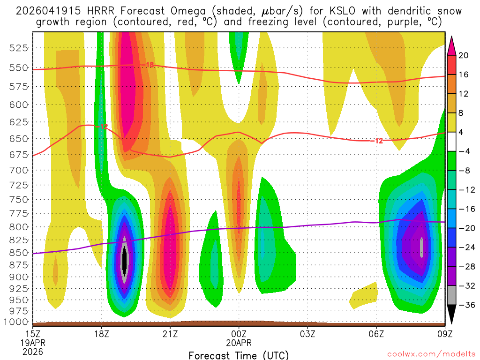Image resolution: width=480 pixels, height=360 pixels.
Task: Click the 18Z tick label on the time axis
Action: point(102,334)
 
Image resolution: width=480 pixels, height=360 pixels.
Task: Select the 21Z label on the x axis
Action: point(170,334)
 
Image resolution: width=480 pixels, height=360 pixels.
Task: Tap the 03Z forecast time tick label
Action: point(307,334)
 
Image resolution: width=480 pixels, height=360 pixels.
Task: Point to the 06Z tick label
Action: point(376,334)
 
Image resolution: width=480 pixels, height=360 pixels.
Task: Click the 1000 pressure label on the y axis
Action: point(18,322)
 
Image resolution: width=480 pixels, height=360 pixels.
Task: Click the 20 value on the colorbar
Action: point(464,55)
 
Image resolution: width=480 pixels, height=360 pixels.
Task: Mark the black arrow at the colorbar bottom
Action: point(452,314)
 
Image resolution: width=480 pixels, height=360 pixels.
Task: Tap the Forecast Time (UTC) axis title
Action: point(239,355)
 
